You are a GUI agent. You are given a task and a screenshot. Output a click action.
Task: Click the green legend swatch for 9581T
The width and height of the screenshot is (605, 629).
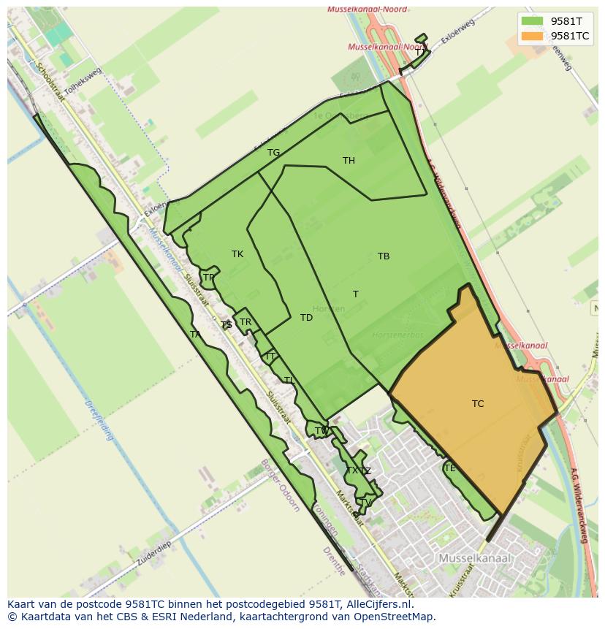click(533, 21)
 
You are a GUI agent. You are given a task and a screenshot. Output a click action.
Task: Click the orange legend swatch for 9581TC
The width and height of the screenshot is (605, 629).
click(533, 36)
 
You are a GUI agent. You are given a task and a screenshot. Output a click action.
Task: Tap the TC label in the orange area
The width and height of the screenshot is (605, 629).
click(478, 404)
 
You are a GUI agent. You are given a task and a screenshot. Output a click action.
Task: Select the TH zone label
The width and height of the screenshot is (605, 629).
click(349, 161)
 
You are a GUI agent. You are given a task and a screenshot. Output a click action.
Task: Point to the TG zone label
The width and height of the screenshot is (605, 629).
click(273, 153)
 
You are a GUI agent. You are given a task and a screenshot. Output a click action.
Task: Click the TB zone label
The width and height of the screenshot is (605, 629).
click(384, 256)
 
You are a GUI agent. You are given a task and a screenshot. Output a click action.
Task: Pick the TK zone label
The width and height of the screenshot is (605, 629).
click(237, 254)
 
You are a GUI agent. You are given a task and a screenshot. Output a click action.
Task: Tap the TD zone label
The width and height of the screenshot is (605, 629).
click(306, 318)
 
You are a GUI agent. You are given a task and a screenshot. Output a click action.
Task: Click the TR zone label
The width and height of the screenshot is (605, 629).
click(246, 322)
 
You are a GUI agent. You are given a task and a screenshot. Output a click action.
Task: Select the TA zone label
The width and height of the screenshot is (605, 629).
click(195, 335)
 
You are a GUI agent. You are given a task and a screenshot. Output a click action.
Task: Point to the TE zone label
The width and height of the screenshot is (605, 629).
click(449, 468)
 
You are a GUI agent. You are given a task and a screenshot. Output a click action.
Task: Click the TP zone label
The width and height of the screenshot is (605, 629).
click(209, 278)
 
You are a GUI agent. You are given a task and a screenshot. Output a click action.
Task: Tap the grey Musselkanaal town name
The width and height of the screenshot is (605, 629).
click(474, 558)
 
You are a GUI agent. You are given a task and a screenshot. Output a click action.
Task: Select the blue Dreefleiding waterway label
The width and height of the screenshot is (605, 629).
click(99, 419)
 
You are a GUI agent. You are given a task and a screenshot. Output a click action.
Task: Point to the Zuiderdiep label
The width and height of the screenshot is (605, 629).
click(153, 554)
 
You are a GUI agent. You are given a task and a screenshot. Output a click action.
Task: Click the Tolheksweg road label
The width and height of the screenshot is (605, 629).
click(83, 81)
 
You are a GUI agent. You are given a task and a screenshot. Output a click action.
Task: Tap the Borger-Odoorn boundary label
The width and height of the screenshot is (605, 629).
click(280, 486)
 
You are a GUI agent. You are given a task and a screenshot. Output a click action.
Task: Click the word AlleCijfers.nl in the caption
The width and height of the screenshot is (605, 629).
click(380, 605)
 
